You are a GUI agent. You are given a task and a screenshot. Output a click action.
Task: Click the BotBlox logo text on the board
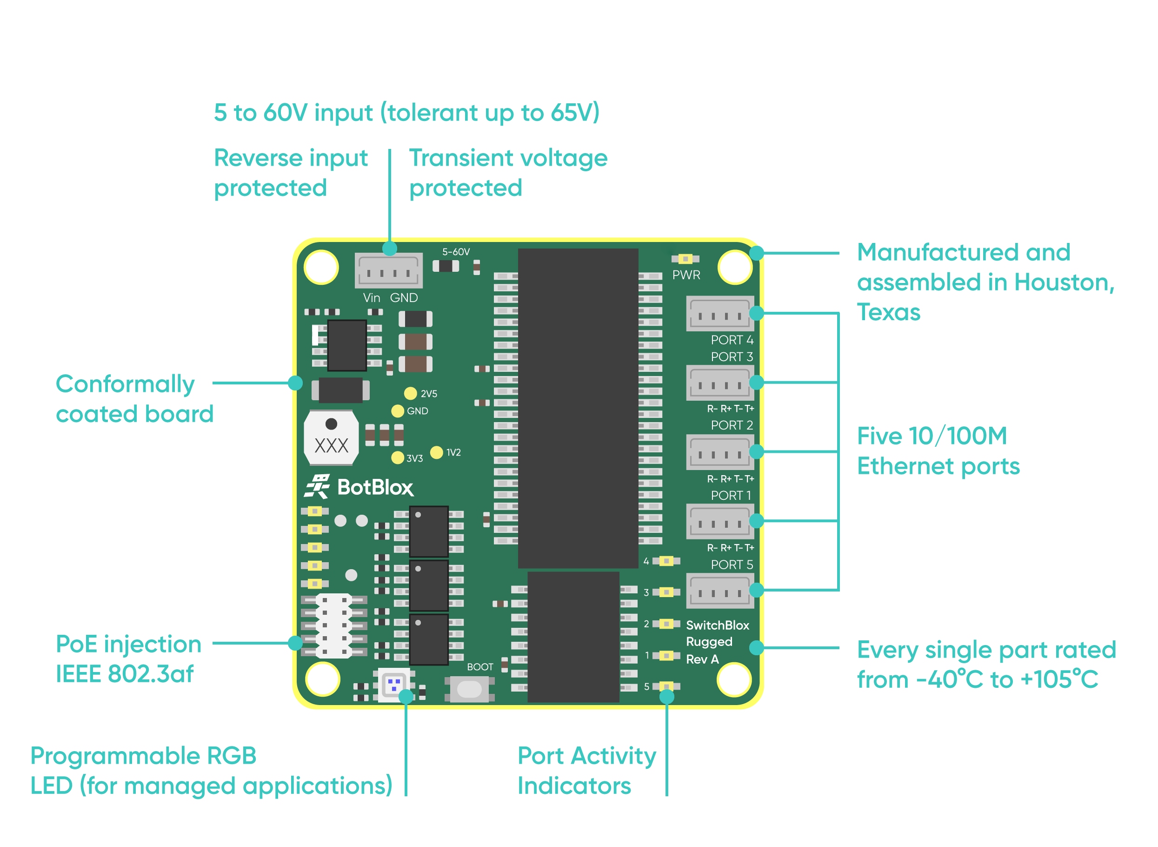pyautogui.click(x=374, y=487)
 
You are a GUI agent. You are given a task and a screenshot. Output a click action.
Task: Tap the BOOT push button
pyautogui.click(x=469, y=689)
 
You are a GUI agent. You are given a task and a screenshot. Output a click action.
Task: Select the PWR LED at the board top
pyautogui.click(x=685, y=259)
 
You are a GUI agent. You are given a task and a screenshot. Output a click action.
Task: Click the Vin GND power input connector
pyautogui.click(x=388, y=270)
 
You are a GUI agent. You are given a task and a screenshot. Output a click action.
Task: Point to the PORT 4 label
pyautogui.click(x=732, y=340)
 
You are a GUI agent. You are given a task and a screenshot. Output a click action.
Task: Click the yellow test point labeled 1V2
pyautogui.click(x=436, y=452)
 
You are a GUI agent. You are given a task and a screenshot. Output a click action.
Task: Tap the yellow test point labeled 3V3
pyautogui.click(x=397, y=457)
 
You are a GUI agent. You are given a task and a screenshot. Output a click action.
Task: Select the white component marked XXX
pyautogui.click(x=331, y=438)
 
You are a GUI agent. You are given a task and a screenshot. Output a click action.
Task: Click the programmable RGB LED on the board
pyautogui.click(x=393, y=684)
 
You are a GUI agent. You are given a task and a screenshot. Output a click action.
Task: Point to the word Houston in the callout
pyautogui.click(x=1063, y=282)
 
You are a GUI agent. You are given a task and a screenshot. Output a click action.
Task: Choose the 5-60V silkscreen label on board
pyautogui.click(x=455, y=252)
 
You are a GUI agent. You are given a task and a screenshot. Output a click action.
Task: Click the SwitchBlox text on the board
pyautogui.click(x=717, y=625)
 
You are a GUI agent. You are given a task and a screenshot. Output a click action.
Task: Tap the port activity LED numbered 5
pyautogui.click(x=666, y=686)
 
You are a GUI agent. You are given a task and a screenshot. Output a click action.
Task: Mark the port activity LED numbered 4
pyautogui.click(x=666, y=561)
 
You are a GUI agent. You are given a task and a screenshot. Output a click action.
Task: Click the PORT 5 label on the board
pyautogui.click(x=732, y=565)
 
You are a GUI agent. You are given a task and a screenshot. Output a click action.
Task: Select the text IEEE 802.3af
pyautogui.click(x=125, y=674)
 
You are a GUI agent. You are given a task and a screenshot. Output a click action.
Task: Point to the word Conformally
pyautogui.click(x=125, y=384)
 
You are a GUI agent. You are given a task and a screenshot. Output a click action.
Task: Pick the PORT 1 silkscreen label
pyautogui.click(x=731, y=495)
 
